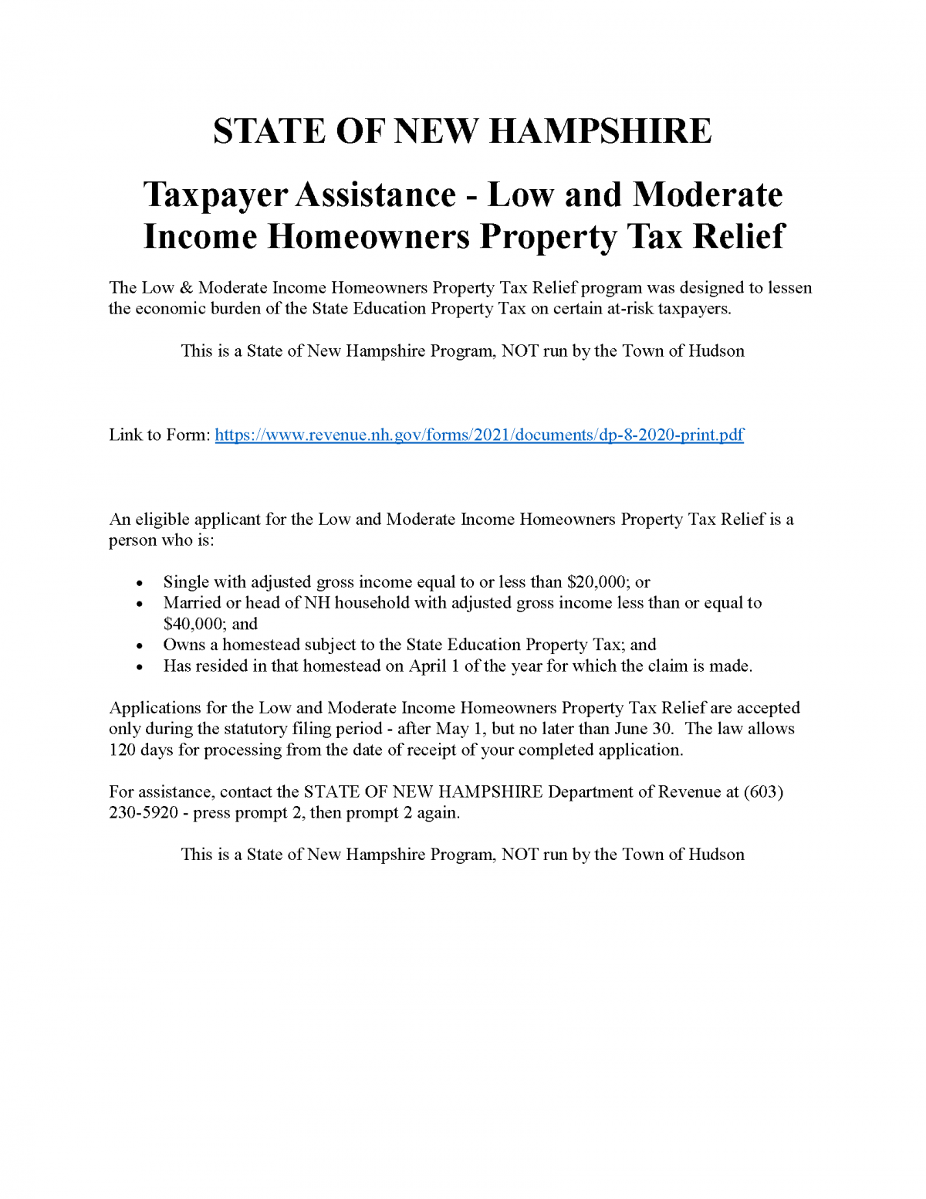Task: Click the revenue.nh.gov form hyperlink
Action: [479, 435]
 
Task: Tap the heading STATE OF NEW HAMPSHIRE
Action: [462, 131]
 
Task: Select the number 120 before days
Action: [122, 750]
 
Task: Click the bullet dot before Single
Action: [139, 584]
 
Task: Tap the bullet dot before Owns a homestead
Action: [139, 646]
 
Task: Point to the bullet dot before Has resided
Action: [139, 667]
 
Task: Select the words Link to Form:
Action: [159, 435]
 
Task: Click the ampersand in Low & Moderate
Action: [186, 288]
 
